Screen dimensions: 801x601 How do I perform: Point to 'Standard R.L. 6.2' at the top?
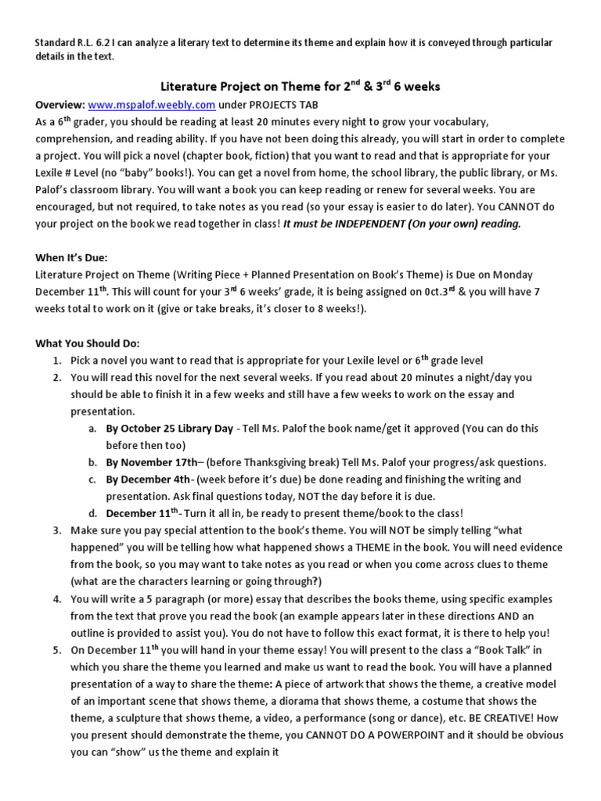pos(79,42)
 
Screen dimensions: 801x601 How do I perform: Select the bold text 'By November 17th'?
pos(146,462)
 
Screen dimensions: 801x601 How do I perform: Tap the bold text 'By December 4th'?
pos(148,480)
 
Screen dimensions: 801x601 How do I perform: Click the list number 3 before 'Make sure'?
pos(58,530)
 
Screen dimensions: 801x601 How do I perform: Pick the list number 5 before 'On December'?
pos(58,650)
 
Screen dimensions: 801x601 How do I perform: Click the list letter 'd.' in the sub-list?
pos(93,514)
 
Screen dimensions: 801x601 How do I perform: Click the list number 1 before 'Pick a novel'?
pos(58,361)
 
